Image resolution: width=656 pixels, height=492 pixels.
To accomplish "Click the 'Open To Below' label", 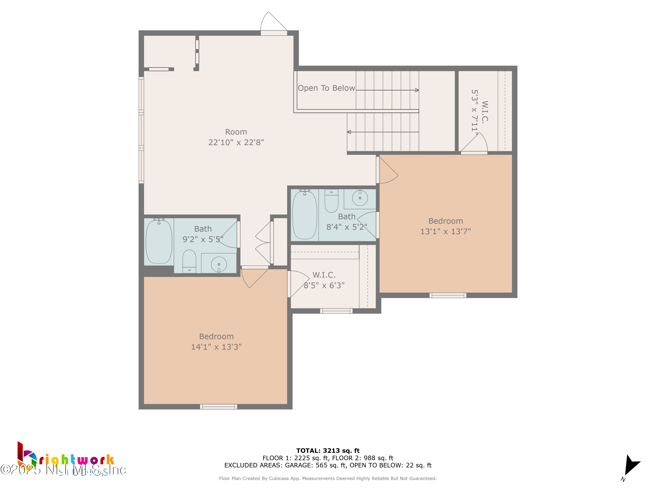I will click(x=326, y=88).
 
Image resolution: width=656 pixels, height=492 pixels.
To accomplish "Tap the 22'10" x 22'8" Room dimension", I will click(x=236, y=142).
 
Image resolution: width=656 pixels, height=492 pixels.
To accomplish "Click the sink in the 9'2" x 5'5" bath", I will click(x=219, y=264).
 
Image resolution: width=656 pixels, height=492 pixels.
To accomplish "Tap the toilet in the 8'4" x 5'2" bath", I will click(x=331, y=201).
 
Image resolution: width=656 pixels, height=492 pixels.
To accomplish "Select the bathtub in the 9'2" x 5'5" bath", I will click(x=159, y=241).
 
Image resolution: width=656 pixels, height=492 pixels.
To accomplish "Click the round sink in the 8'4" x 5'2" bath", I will click(x=360, y=198).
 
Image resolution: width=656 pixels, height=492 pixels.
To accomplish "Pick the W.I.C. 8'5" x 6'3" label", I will click(x=324, y=280).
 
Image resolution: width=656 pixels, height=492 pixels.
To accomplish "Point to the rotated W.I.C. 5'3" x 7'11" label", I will click(x=480, y=111).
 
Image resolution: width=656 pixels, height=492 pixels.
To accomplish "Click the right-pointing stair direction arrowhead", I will click(x=417, y=90).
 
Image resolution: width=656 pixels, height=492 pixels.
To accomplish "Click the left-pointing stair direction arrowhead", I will click(x=349, y=132).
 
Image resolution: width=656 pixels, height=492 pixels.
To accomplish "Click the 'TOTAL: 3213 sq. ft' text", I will click(x=328, y=450).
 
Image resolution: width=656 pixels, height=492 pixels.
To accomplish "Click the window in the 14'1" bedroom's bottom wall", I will click(x=219, y=407).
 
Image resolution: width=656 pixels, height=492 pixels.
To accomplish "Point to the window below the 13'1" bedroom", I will click(x=448, y=295).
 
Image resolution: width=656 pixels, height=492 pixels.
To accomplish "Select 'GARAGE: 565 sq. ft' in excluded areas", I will click(x=315, y=465).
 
